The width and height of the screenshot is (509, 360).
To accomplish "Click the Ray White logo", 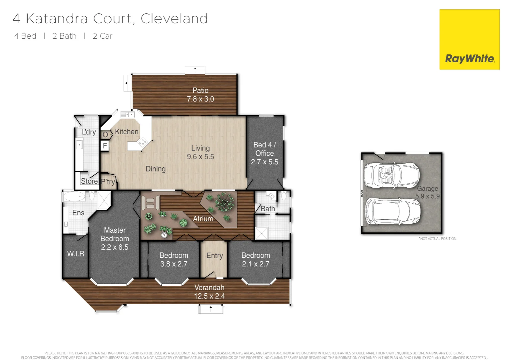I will pyautogui.click(x=469, y=40).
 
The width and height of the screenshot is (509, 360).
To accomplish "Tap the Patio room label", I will pyautogui.click(x=201, y=91).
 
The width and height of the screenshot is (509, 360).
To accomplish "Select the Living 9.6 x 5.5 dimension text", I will pyautogui.click(x=201, y=157).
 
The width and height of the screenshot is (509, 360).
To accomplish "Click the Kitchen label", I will pyautogui.click(x=127, y=132).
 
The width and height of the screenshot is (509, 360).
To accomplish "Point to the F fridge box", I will pyautogui.click(x=105, y=146).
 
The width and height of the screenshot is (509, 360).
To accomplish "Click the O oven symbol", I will pyautogui.click(x=105, y=135).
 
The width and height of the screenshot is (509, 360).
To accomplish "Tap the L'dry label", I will pyautogui.click(x=89, y=132).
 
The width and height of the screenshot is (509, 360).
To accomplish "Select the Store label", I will pyautogui.click(x=89, y=181).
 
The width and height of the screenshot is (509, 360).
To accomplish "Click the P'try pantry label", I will pyautogui.click(x=108, y=182).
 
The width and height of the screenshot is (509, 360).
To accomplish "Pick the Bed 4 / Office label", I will pyautogui.click(x=264, y=149).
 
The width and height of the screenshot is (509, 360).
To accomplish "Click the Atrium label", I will pyautogui.click(x=203, y=219).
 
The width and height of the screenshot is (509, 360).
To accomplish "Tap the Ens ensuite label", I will pyautogui.click(x=78, y=213).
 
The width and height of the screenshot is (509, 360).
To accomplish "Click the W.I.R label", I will pyautogui.click(x=76, y=254).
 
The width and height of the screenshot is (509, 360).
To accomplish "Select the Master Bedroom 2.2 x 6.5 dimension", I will pyautogui.click(x=115, y=247).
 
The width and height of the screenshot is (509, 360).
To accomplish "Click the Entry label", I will pyautogui.click(x=215, y=256).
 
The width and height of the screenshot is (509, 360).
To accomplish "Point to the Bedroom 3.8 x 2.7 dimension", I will pyautogui.click(x=174, y=264).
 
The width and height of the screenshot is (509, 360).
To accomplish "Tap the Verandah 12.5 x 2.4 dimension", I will pyautogui.click(x=210, y=296).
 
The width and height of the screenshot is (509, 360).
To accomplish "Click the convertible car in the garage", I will pyautogui.click(x=392, y=175).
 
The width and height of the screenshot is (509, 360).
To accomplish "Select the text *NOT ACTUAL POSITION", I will pyautogui.click(x=437, y=239).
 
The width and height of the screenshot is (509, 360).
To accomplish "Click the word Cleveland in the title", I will pyautogui.click(x=174, y=19).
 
